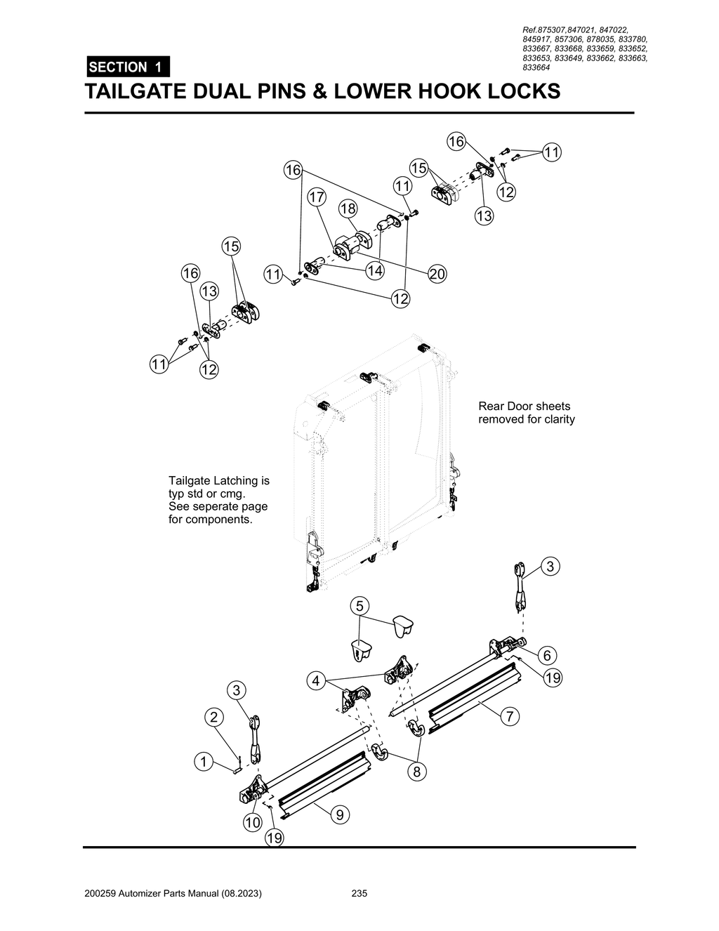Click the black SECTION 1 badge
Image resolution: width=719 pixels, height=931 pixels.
pyautogui.click(x=127, y=67)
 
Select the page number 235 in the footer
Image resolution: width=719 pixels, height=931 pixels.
pyautogui.click(x=359, y=894)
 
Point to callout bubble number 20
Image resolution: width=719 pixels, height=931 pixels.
pyautogui.click(x=437, y=274)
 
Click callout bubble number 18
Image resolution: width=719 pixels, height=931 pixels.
pyautogui.click(x=348, y=209)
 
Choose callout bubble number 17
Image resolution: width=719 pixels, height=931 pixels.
pyautogui.click(x=316, y=197)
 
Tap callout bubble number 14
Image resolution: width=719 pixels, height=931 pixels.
pyautogui.click(x=374, y=270)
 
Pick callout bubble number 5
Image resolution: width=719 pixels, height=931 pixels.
pyautogui.click(x=359, y=605)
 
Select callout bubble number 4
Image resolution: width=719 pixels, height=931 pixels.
pyautogui.click(x=317, y=680)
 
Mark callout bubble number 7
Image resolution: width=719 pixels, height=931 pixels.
pyautogui.click(x=510, y=717)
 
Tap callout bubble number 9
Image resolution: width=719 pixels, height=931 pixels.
pyautogui.click(x=339, y=814)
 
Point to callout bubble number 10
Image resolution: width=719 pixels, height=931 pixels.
pyautogui.click(x=252, y=822)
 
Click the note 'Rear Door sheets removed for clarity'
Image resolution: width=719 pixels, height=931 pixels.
pyautogui.click(x=526, y=413)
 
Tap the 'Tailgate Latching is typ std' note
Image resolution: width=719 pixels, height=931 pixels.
pyautogui.click(x=218, y=501)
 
